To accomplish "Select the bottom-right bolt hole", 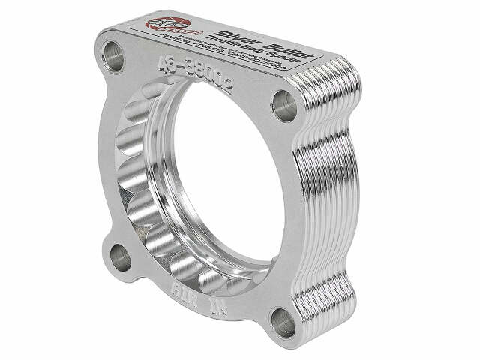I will tap(283, 322).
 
